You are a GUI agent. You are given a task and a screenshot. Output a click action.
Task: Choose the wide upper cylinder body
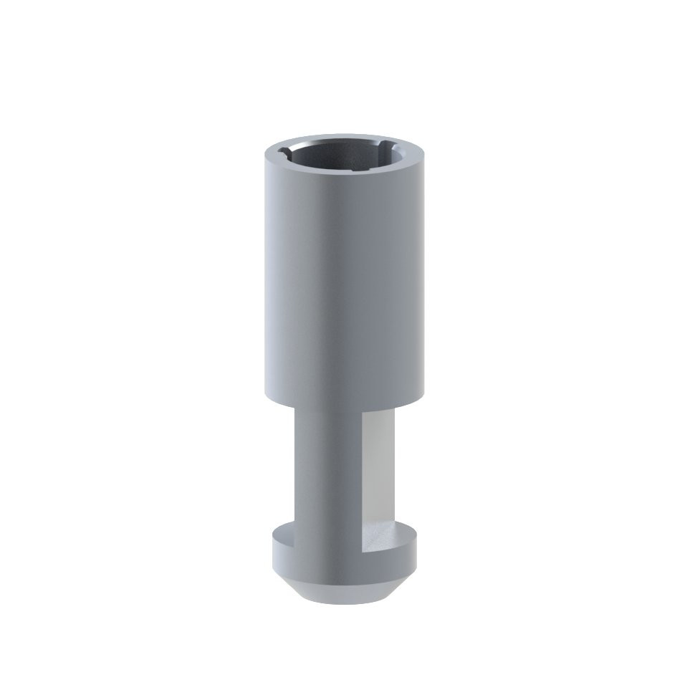click(342, 287)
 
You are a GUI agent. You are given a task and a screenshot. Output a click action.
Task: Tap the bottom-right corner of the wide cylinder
click(416, 393)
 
